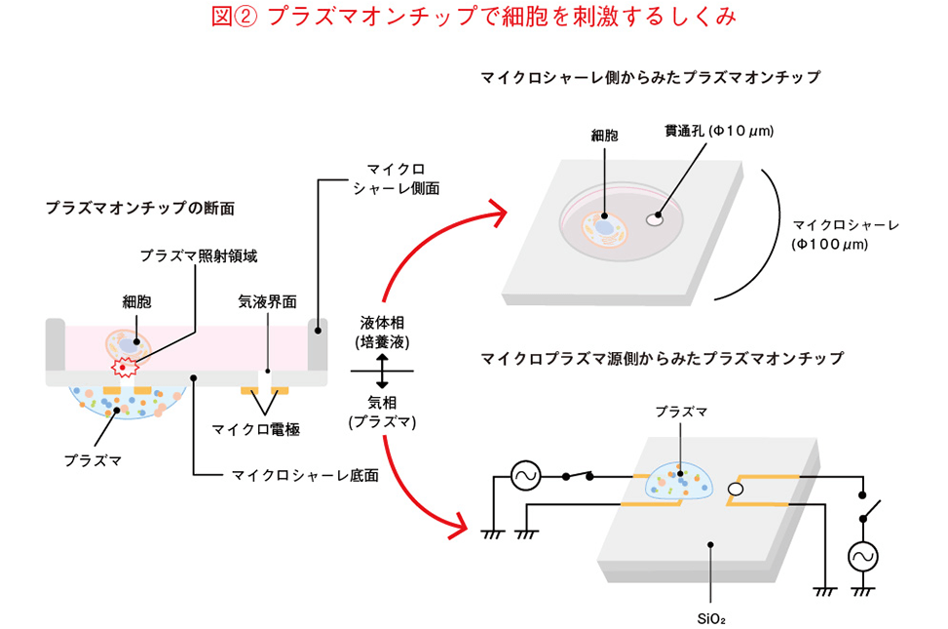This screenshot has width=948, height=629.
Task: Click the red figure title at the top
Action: point(474,19)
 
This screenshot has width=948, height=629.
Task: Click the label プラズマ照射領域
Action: point(198,256)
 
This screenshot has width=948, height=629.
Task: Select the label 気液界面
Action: point(268,301)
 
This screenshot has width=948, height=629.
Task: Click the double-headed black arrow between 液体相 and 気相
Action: point(382,372)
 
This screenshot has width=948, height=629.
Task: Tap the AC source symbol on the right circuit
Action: point(862,556)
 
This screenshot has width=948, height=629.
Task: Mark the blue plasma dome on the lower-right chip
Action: point(678,478)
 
